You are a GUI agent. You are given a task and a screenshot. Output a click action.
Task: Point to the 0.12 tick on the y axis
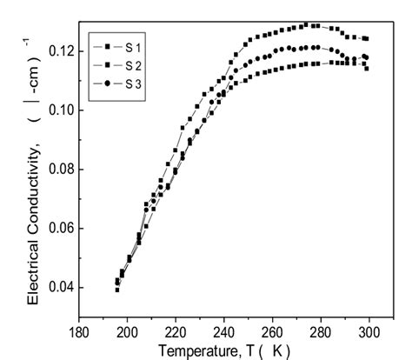(57, 52)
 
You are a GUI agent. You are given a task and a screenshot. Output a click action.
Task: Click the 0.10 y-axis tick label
(57, 110)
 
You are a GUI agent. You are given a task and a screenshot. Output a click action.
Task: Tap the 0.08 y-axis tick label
(57, 170)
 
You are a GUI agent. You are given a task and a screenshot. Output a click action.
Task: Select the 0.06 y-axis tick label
(57, 229)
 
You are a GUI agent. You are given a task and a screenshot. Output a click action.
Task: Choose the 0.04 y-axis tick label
(57, 288)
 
